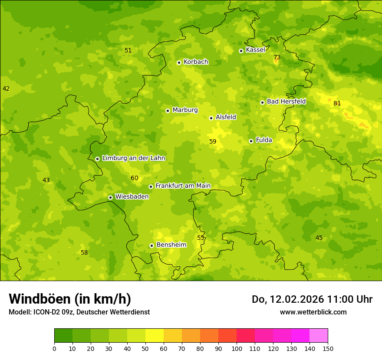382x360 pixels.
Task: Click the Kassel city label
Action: (x=255, y=50)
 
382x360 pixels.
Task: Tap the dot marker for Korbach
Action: (x=179, y=62)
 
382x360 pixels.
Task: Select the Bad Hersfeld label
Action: (x=286, y=101)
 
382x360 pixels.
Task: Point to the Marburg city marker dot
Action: (x=168, y=111)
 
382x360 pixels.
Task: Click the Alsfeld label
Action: (x=226, y=117)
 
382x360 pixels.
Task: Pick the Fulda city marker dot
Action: (x=251, y=141)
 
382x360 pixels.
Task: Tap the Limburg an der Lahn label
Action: (x=133, y=158)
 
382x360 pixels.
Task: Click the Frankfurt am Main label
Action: (x=183, y=186)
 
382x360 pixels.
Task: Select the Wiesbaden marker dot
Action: (x=110, y=197)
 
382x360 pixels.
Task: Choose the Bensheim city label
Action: (x=171, y=245)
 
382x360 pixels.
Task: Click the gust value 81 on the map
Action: (x=337, y=103)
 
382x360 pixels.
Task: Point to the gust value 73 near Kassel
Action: (x=277, y=58)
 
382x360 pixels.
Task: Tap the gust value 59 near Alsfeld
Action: (x=213, y=141)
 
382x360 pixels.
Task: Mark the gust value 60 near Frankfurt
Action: (x=135, y=178)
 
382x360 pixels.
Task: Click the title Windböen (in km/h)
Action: (x=70, y=299)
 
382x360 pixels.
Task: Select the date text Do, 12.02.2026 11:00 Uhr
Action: (x=312, y=299)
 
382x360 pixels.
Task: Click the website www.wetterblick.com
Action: (x=313, y=312)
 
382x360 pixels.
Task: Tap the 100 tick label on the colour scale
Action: (x=237, y=348)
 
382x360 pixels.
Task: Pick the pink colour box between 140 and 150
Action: (x=319, y=336)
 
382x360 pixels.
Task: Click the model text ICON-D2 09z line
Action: (x=79, y=312)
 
